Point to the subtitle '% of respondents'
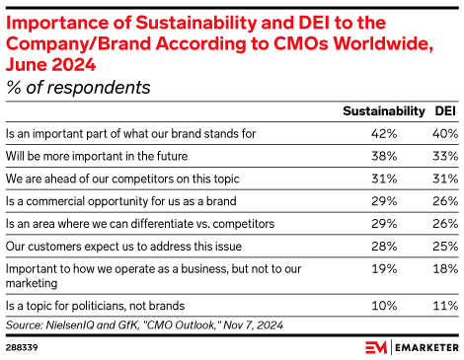click(78, 87)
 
